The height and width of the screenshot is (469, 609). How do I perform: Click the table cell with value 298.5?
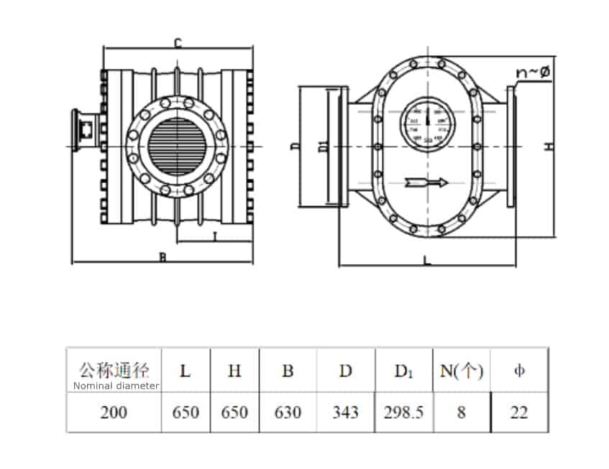tap(403, 412)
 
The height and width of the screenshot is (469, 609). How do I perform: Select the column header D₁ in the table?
tap(403, 371)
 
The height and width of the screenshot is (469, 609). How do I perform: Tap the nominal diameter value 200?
tap(113, 412)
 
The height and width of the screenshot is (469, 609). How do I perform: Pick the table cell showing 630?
tap(288, 412)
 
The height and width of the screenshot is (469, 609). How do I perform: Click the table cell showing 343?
tap(346, 412)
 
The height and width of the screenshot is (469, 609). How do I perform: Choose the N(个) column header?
tap(462, 371)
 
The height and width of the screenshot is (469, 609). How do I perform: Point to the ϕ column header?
tap(519, 371)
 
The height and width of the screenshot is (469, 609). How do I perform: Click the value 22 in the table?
tap(519, 412)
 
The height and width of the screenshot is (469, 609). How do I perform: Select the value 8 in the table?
tap(462, 412)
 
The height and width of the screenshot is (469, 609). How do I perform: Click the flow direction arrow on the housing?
tap(426, 182)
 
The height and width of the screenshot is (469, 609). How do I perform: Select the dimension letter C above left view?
tap(177, 43)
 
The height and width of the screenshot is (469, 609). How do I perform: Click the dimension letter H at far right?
tap(549, 147)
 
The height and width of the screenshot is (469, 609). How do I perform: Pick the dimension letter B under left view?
tap(162, 258)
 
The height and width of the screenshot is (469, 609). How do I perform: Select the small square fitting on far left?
tap(84, 131)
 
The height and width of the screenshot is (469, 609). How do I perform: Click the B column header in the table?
tap(288, 371)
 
